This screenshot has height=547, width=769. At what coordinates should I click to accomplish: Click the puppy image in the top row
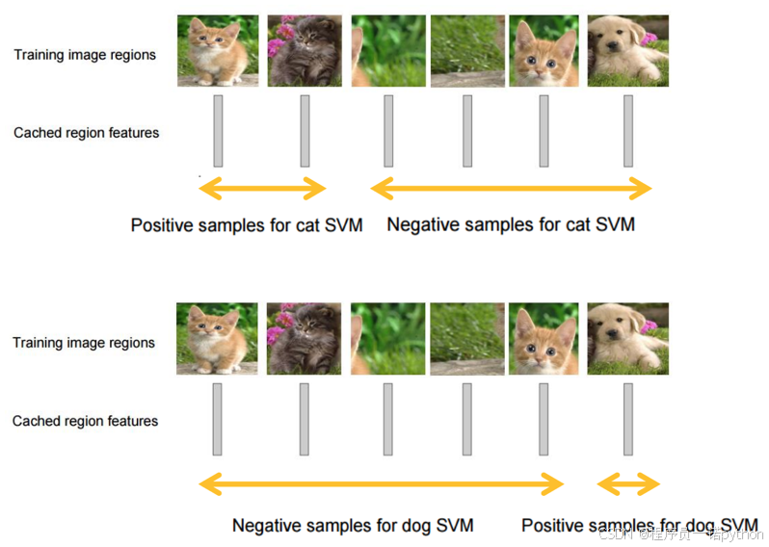[627, 51]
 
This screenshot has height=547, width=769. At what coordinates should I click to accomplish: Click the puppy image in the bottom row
[627, 338]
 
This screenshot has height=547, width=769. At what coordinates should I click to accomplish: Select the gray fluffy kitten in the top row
[304, 51]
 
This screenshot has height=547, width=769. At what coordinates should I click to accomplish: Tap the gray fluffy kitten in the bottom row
[304, 338]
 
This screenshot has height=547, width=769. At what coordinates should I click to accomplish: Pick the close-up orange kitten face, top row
[543, 51]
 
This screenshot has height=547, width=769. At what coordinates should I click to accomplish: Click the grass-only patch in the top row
[467, 51]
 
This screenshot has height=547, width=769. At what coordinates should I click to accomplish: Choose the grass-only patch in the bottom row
[467, 338]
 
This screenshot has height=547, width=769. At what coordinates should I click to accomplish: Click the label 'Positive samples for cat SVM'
[247, 225]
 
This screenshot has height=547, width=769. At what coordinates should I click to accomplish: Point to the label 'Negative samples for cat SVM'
[511, 225]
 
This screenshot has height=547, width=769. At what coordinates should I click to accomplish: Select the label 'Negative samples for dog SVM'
[353, 526]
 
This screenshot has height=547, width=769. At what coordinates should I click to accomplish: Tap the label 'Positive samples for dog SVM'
[639, 526]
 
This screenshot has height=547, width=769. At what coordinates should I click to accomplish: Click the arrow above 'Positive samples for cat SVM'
[262, 188]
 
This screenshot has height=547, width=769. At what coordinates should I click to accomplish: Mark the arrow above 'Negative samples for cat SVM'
[511, 188]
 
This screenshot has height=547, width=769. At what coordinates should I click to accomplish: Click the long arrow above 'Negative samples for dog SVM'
[381, 483]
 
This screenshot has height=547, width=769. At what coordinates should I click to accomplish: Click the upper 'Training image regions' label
[85, 55]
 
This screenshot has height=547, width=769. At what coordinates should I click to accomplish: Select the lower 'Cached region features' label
[86, 421]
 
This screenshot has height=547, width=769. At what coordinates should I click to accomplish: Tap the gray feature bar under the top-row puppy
[628, 131]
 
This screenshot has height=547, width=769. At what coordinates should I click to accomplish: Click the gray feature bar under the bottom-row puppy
[628, 419]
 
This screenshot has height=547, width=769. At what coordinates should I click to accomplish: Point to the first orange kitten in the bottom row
[217, 338]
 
